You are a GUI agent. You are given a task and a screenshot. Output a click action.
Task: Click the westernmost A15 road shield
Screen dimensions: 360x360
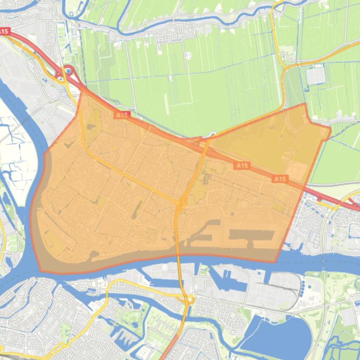point(4,31)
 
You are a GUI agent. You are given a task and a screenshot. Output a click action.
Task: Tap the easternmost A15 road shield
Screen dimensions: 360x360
point(279,179)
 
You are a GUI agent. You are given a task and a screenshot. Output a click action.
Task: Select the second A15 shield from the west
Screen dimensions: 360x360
point(122,115)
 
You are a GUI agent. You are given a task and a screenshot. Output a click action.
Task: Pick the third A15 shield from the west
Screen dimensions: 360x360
point(242,166)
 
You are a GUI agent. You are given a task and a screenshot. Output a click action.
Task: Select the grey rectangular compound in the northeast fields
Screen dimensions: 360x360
point(315,75)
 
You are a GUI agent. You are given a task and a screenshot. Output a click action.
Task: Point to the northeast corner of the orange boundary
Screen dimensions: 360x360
point(305,104)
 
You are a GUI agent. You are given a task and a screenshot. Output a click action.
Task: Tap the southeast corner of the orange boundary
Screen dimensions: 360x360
point(275,262)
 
